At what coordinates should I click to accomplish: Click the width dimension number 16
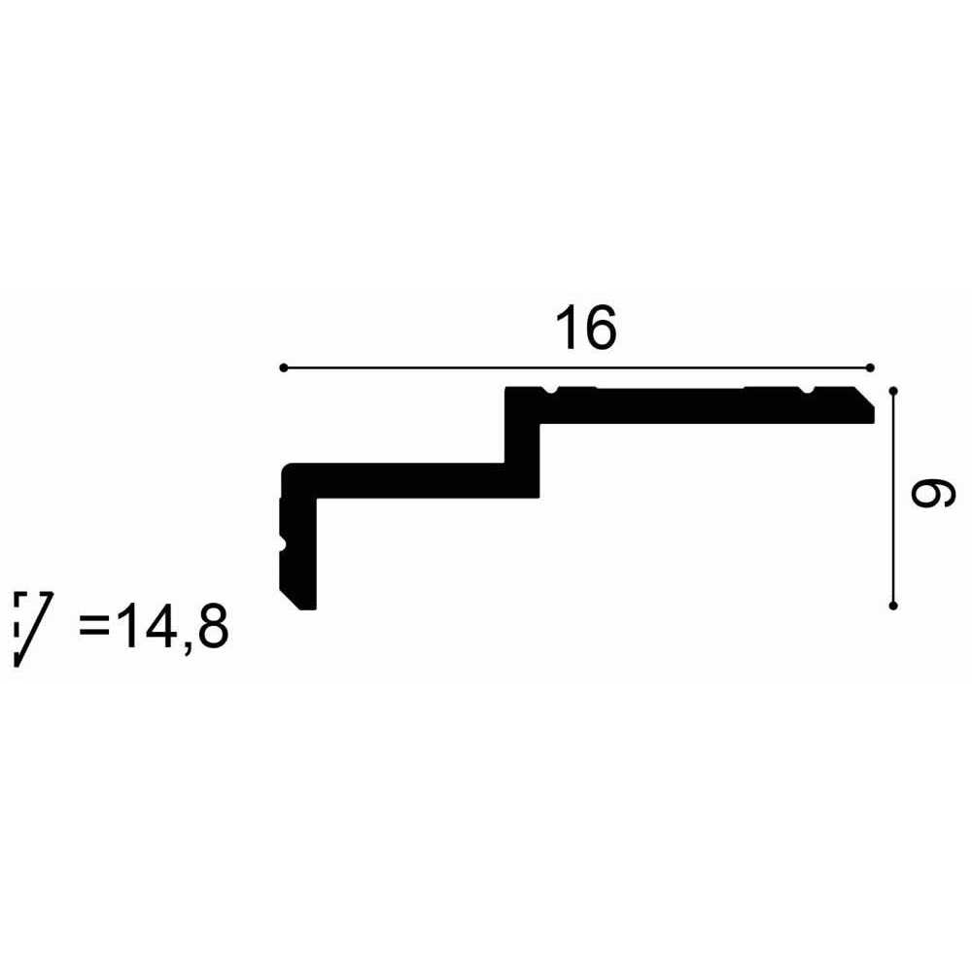tap(586, 328)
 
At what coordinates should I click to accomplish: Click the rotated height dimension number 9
tap(932, 495)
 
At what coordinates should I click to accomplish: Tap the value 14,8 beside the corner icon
tap(173, 627)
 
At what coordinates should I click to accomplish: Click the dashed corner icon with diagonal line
tap(33, 629)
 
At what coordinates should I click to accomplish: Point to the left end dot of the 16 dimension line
tap(283, 368)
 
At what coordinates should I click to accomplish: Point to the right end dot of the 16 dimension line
tap(870, 368)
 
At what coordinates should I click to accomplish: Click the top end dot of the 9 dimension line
tap(893, 391)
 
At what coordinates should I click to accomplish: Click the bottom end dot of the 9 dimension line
tap(893, 606)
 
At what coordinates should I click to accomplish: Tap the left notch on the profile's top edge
tap(550, 390)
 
